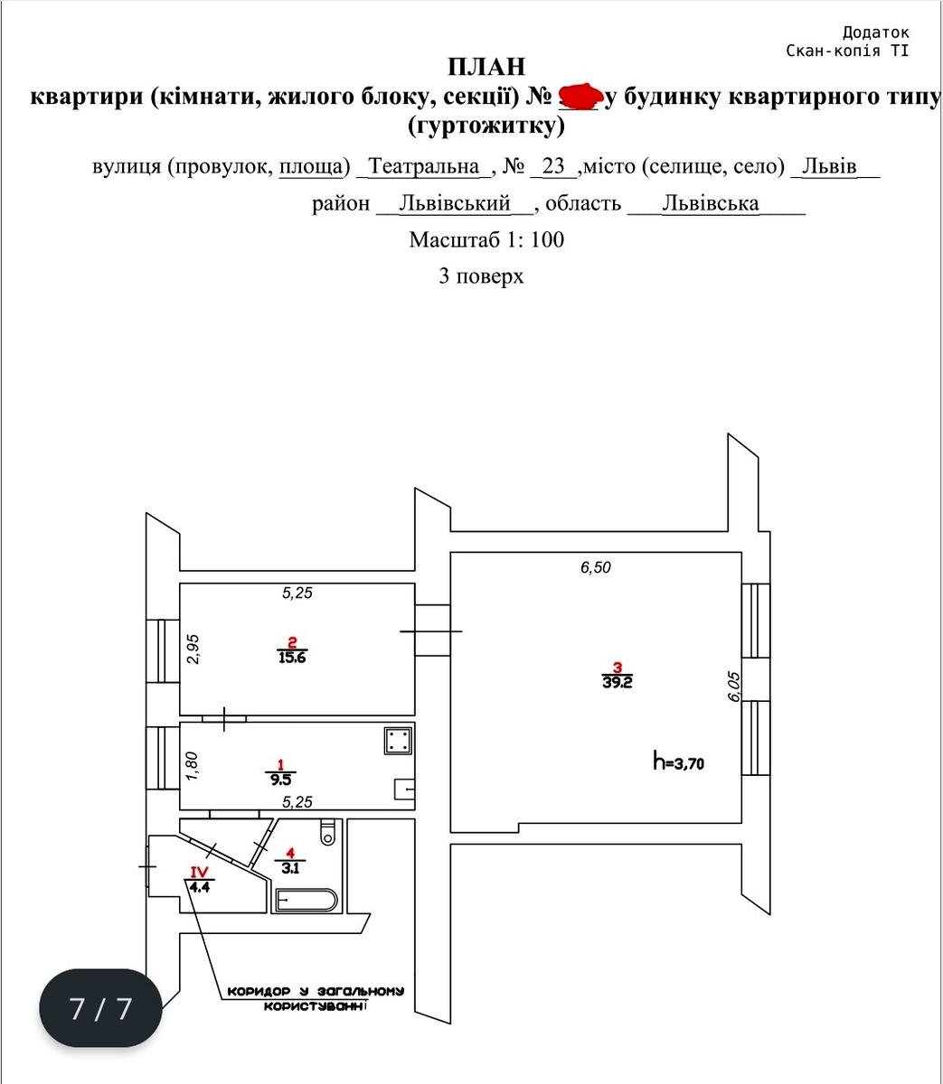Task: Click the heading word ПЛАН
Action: [486, 67]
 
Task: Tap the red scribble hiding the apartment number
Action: [580, 97]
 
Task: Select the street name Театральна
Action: [423, 166]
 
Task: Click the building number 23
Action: [553, 166]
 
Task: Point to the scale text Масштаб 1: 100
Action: [486, 239]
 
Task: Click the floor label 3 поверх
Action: [481, 276]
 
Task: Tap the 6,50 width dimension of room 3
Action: [595, 567]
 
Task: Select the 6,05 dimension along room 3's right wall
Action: [733, 687]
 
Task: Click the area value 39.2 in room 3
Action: [617, 682]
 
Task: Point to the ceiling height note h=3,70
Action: [678, 762]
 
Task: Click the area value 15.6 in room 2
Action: [292, 658]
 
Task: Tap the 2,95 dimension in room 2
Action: [193, 649]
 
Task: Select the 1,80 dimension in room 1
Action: [192, 766]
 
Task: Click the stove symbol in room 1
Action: [398, 741]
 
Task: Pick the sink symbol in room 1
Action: [404, 790]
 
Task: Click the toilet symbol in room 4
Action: [327, 832]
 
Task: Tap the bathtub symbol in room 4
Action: [306, 900]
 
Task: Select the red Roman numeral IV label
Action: [199, 872]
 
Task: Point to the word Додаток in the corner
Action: [876, 33]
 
